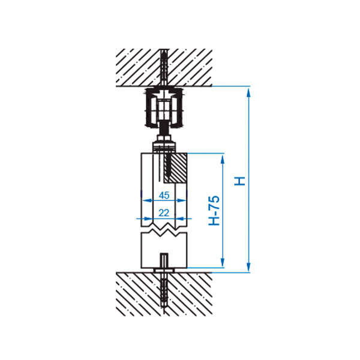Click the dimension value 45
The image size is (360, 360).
tap(164, 195)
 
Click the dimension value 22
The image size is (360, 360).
tap(164, 213)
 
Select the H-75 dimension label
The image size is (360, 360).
tap(214, 211)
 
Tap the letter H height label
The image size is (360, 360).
tap(239, 181)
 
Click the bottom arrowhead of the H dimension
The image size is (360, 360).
tap(248, 267)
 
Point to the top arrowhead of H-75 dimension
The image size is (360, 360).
tap(222, 159)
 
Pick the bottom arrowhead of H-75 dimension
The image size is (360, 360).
tap(222, 262)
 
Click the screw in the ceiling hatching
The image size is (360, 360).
tap(164, 67)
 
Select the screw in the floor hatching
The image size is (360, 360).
tap(164, 291)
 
